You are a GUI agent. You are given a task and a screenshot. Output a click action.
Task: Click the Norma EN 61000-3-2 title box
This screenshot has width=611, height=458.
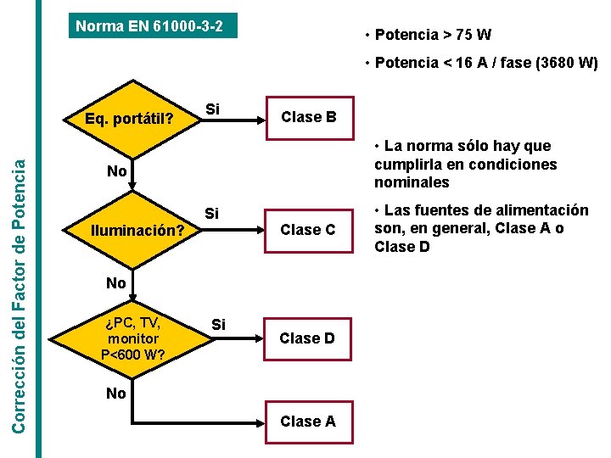click(x=150, y=26)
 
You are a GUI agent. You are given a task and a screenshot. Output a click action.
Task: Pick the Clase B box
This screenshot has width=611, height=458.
click(x=308, y=117)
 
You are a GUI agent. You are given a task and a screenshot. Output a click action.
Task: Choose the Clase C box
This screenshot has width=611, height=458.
click(x=308, y=230)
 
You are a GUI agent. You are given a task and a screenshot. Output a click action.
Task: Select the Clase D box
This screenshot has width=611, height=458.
click(x=307, y=338)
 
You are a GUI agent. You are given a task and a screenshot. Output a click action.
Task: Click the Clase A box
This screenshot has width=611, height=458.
click(x=307, y=422)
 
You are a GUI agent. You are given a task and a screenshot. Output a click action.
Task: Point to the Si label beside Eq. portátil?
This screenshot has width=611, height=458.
click(x=212, y=109)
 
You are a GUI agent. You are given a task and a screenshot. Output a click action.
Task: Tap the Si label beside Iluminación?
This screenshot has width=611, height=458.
click(x=212, y=213)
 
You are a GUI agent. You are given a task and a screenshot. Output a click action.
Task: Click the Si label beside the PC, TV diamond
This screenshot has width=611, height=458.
click(x=218, y=325)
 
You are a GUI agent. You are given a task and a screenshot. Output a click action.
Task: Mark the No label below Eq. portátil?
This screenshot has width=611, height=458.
click(x=117, y=171)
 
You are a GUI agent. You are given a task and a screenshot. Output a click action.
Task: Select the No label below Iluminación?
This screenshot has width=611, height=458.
click(x=117, y=283)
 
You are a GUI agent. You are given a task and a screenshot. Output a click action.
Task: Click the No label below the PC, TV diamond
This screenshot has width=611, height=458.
click(x=117, y=393)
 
